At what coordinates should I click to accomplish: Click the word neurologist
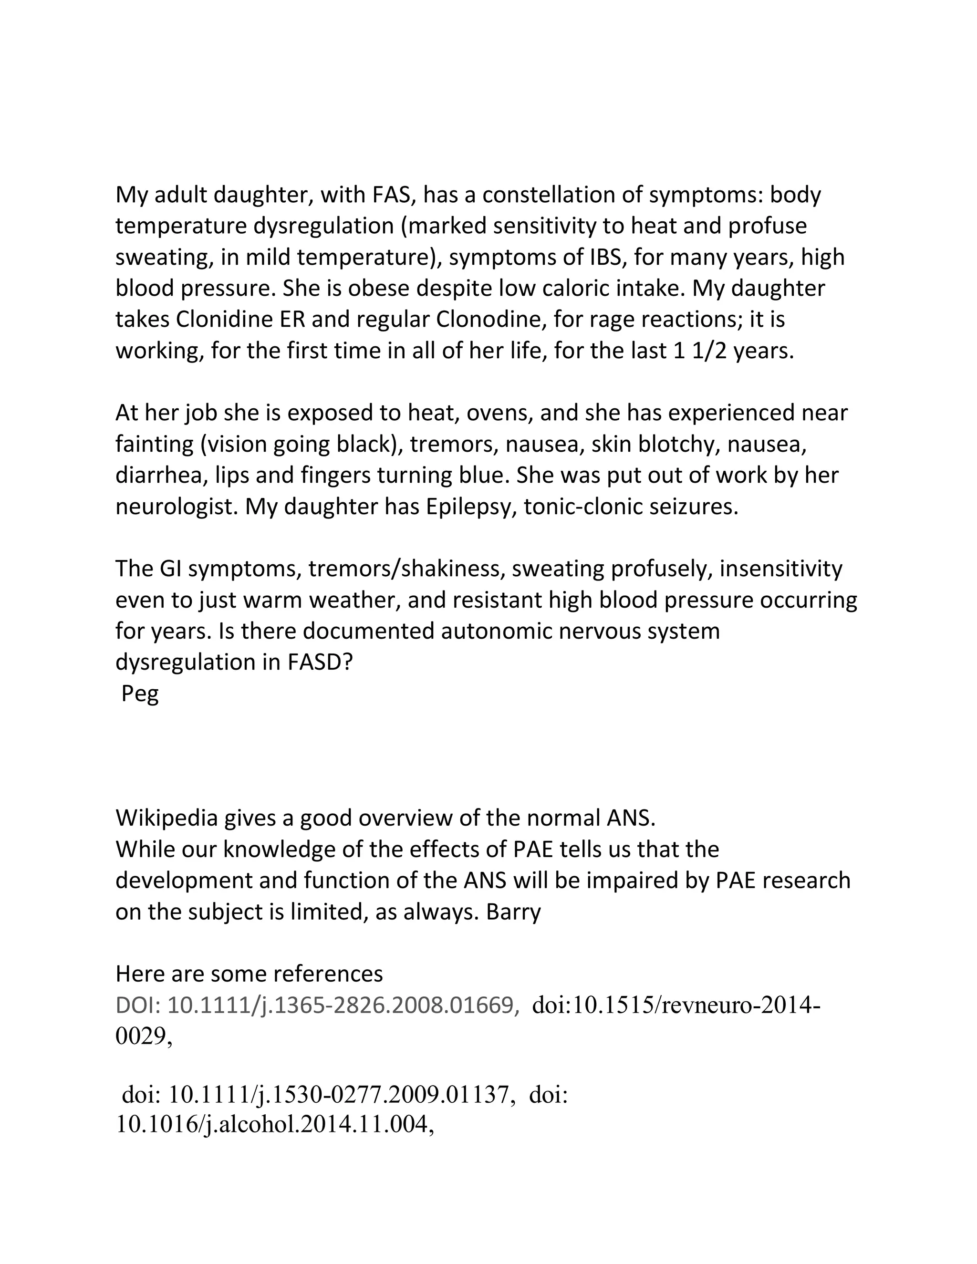(x=177, y=507)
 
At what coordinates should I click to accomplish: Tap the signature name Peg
(x=140, y=694)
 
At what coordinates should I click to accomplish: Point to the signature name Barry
(x=513, y=912)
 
